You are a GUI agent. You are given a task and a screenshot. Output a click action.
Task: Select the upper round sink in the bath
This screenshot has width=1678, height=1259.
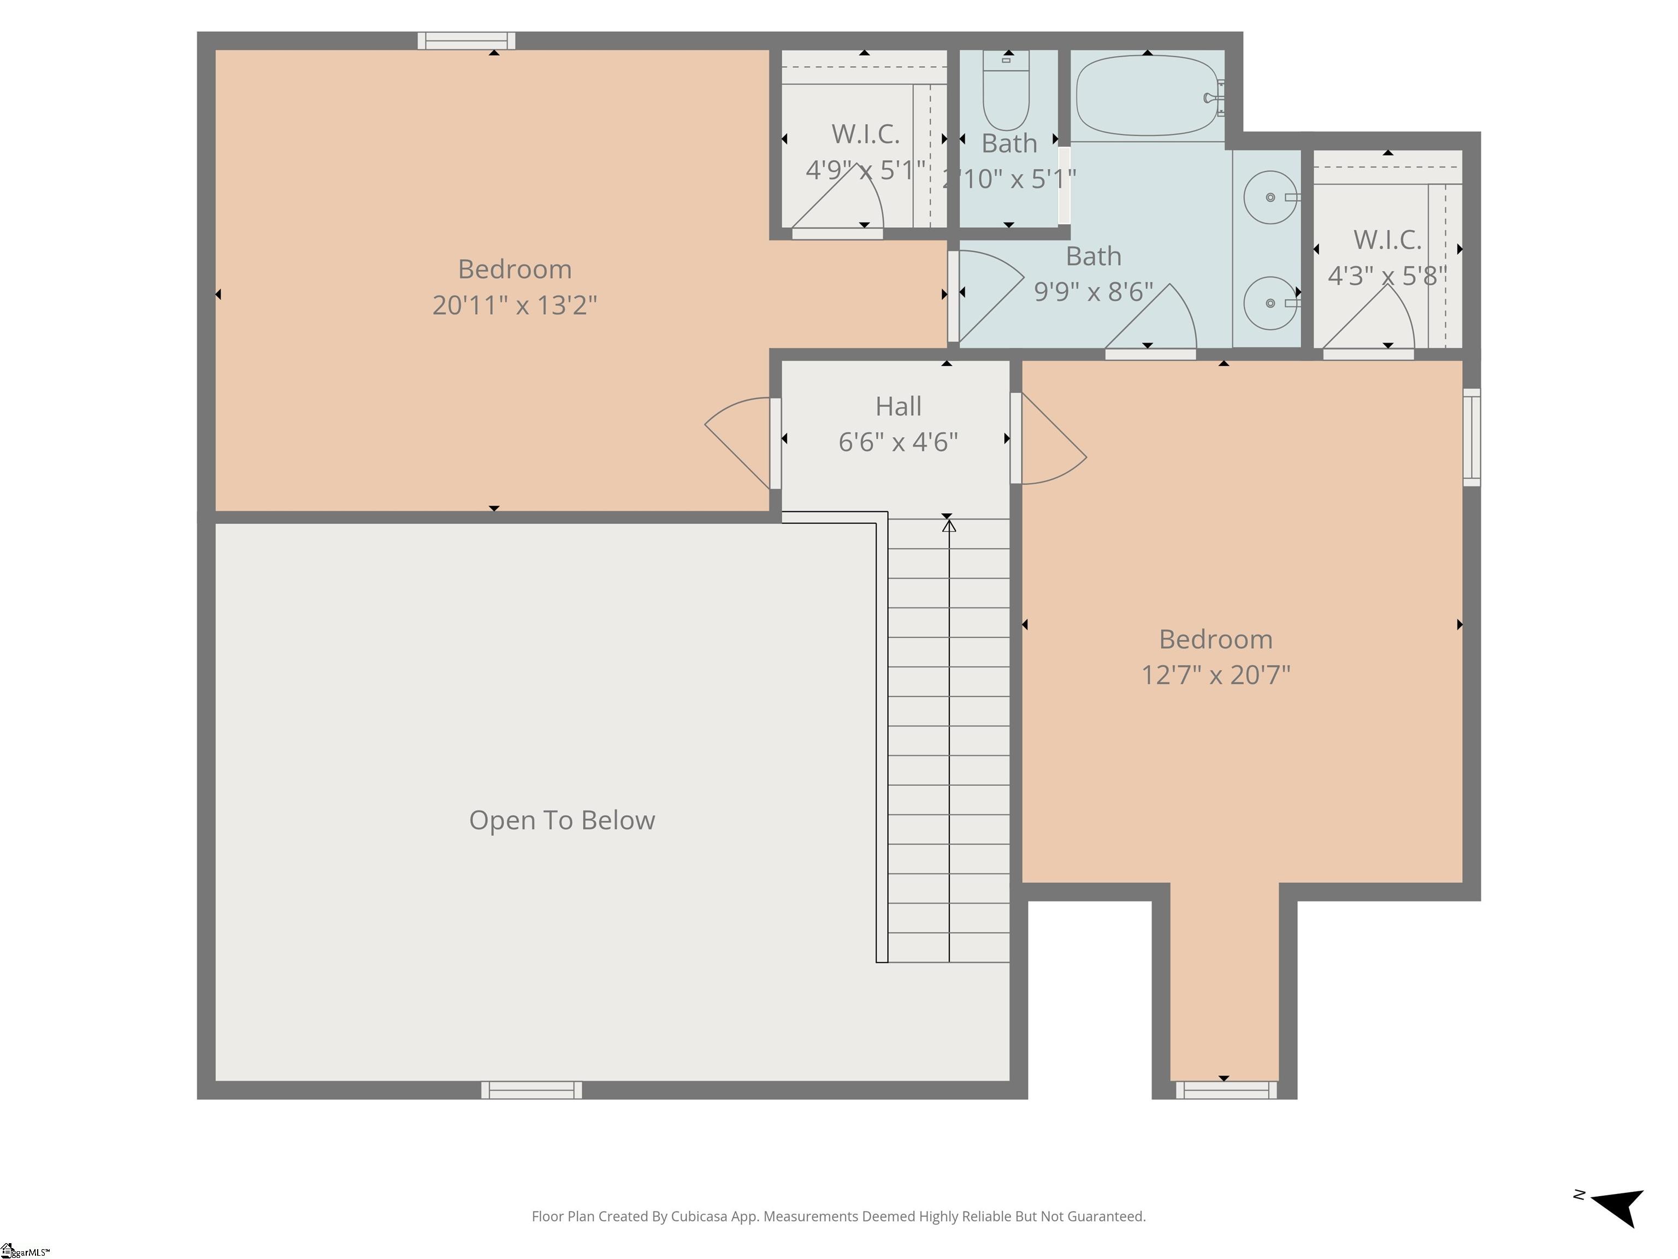point(1270,197)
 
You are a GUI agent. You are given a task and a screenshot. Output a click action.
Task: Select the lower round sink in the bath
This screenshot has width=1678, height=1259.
point(1270,304)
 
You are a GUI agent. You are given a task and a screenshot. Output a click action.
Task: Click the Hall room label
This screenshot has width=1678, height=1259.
point(898,407)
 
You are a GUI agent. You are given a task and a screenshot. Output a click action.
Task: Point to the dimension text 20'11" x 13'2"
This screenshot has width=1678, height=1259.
point(515,305)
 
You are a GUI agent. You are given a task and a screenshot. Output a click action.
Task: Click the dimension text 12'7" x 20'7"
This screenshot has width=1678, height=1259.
point(1215,675)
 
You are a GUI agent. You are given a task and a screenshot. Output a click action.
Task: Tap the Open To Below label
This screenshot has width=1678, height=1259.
point(562,820)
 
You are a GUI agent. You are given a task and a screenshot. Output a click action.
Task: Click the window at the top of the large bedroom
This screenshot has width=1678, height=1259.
point(466,41)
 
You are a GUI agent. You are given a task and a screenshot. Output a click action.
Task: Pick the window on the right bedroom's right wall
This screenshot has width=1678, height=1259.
point(1472,437)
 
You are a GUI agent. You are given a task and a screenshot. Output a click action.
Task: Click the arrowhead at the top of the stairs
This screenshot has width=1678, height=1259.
point(949,525)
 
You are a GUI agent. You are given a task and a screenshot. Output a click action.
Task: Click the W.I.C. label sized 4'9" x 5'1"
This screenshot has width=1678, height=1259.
point(865,134)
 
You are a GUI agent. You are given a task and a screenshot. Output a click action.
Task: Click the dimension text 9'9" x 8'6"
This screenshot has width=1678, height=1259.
point(1093,291)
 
